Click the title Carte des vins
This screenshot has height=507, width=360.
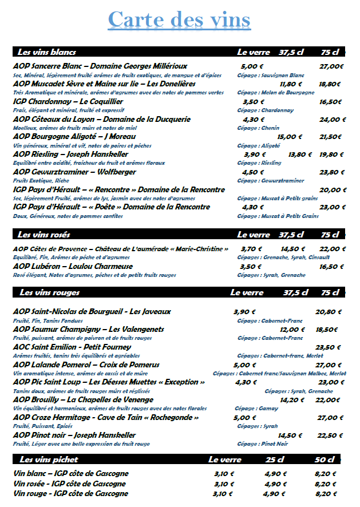click(x=179, y=20)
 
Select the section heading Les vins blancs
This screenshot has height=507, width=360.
click(x=47, y=52)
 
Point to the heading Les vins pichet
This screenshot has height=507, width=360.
click(x=49, y=460)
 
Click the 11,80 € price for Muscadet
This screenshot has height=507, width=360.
click(x=291, y=84)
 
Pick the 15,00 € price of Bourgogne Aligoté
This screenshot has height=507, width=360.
click(x=290, y=137)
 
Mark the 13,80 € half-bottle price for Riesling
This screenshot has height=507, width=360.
click(x=300, y=155)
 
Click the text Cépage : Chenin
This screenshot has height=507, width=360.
click(x=258, y=128)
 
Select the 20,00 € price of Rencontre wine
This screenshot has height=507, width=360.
click(x=333, y=190)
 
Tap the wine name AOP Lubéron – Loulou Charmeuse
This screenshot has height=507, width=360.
click(x=73, y=267)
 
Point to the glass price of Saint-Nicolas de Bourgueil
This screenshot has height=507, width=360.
click(x=244, y=312)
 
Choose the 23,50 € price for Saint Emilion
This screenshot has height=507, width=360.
click(x=328, y=347)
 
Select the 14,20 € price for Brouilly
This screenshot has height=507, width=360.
click(x=292, y=400)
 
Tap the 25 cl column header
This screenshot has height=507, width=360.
click(x=275, y=460)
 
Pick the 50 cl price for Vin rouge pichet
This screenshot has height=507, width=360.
click(x=326, y=494)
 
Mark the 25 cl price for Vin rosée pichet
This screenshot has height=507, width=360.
click(x=275, y=484)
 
